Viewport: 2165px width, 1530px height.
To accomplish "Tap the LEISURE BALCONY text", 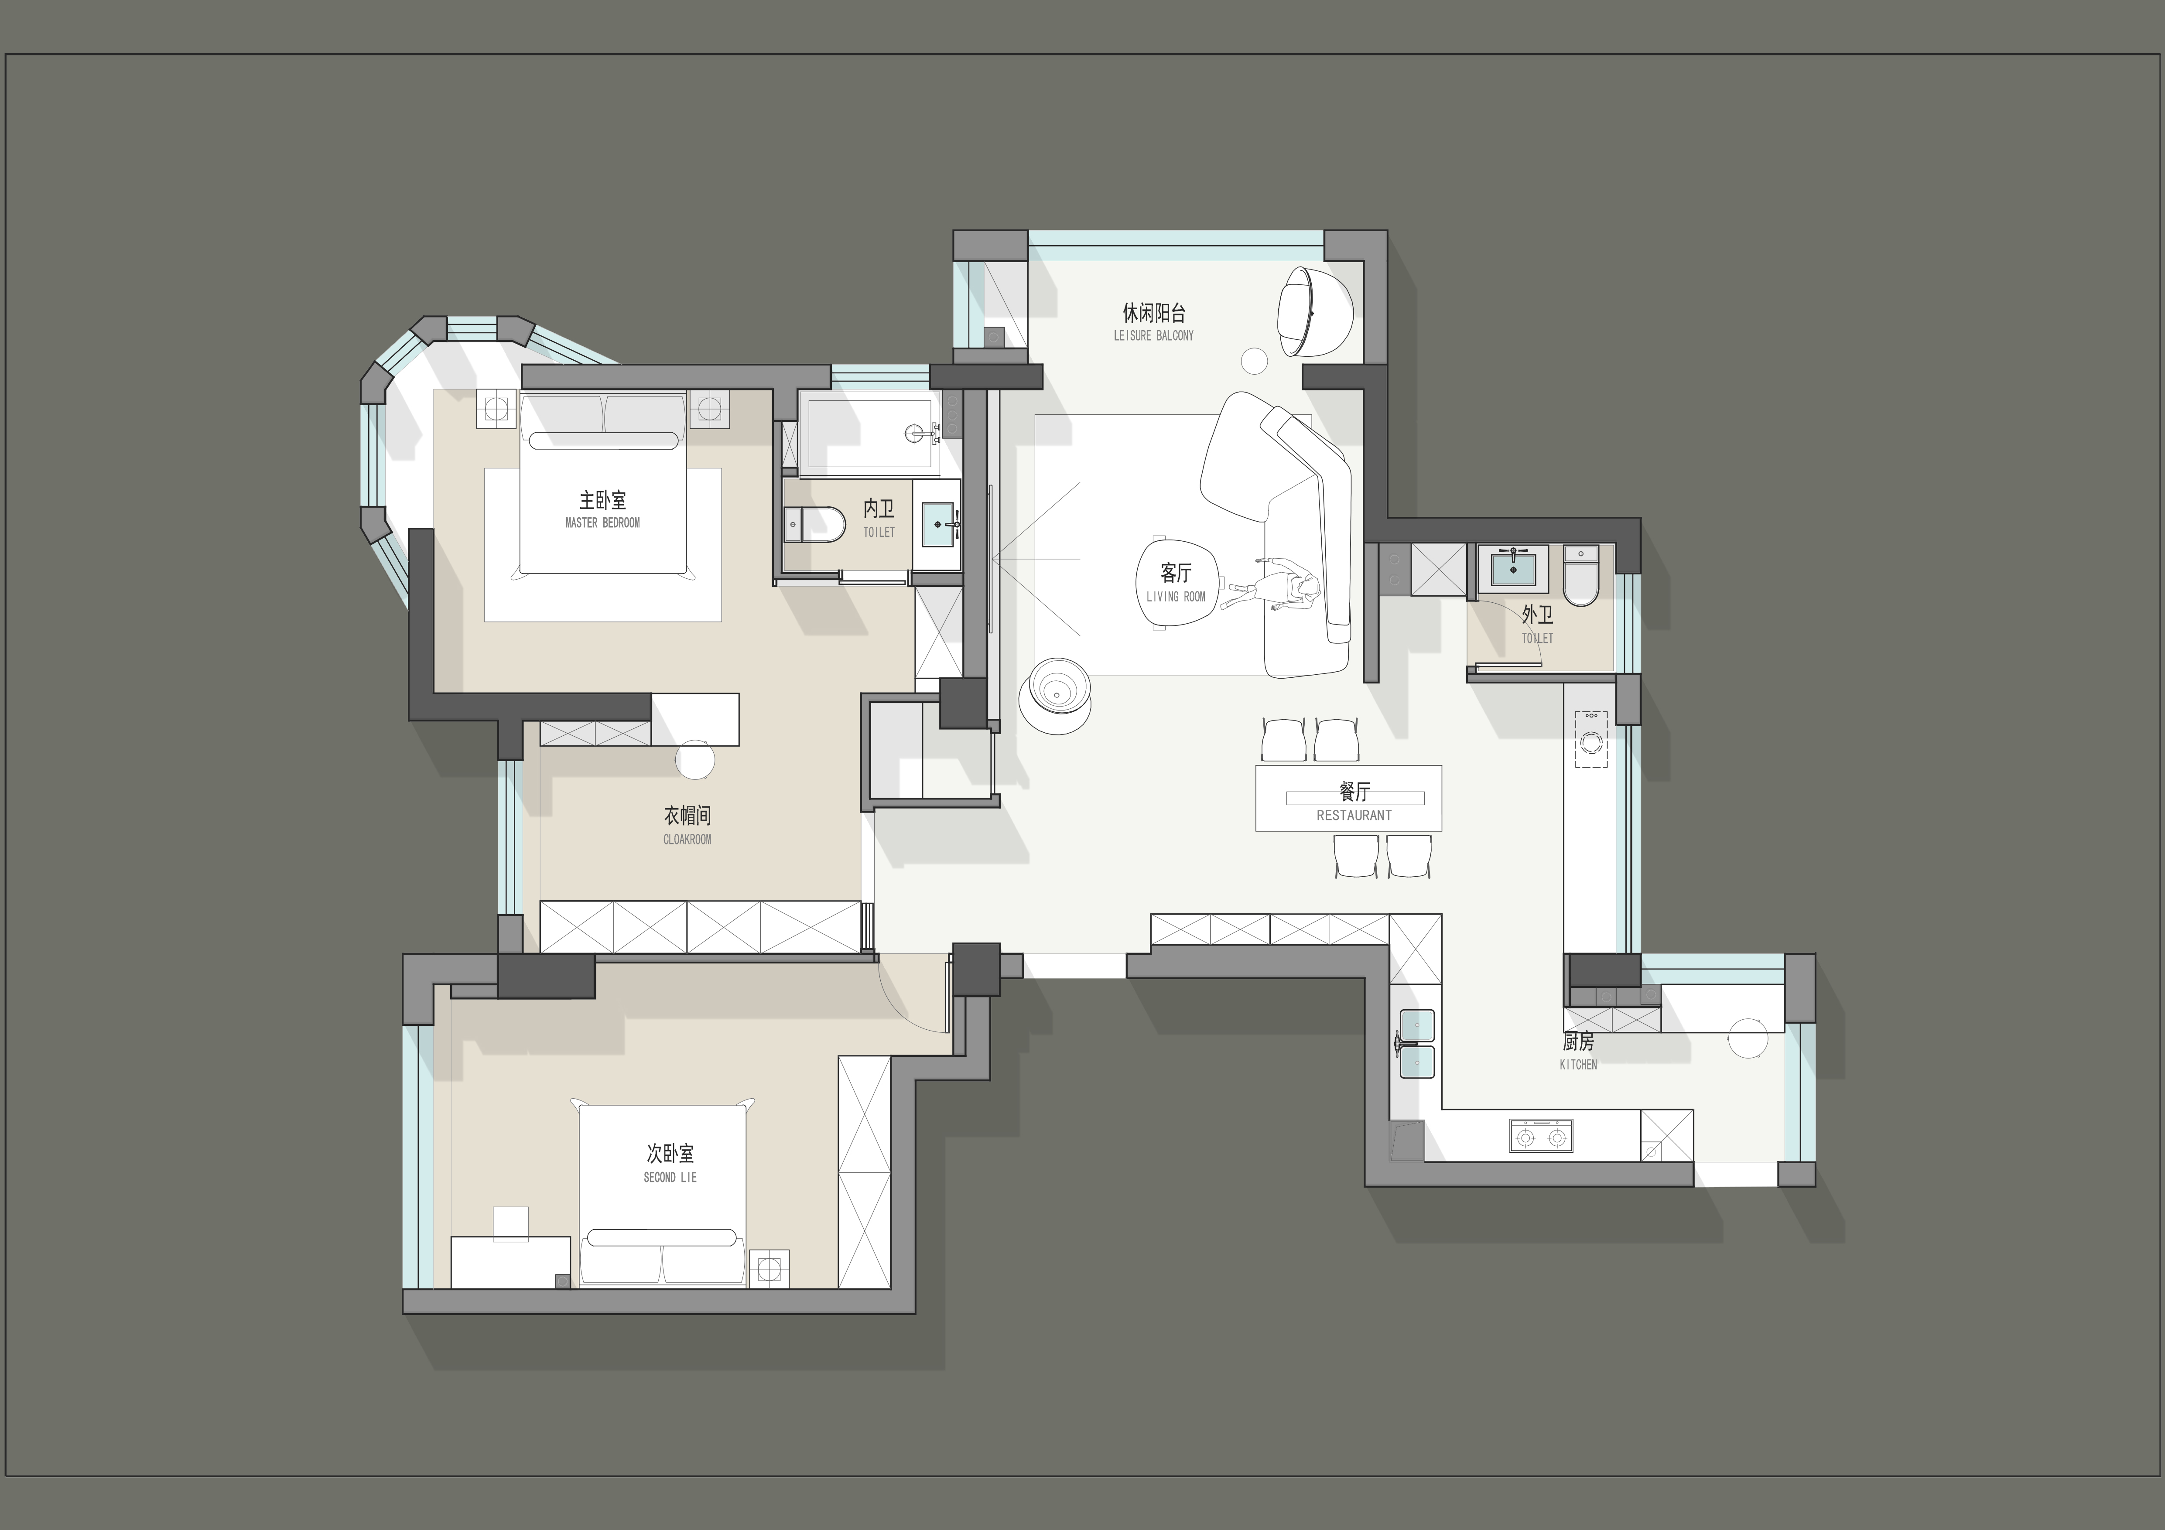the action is point(1153,335).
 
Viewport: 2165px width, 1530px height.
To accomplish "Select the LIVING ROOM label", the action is point(1176,597).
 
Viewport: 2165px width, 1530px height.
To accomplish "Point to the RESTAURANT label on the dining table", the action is point(1354,816).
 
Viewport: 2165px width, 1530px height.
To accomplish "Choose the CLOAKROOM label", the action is point(687,839).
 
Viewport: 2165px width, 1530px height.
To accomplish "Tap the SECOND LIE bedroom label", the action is point(670,1178).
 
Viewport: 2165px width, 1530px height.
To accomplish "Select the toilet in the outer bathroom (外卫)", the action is point(1581,575).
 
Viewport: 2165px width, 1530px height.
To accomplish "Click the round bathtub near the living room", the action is point(1056,695).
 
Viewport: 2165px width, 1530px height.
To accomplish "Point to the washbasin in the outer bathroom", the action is point(1513,570).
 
